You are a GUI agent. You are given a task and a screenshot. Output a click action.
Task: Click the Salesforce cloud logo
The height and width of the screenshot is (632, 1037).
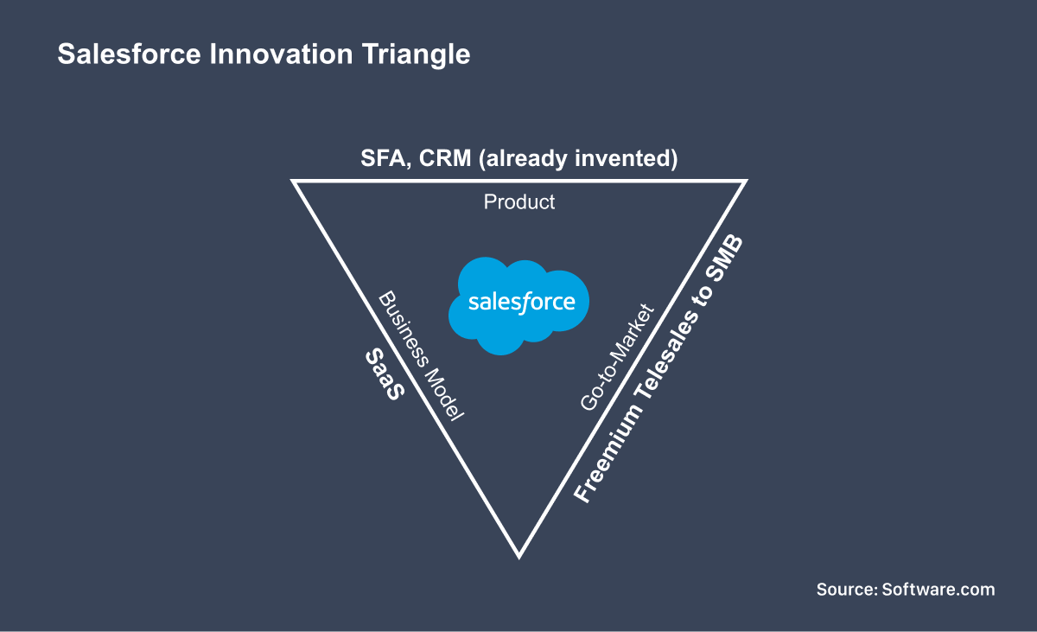pyautogui.click(x=519, y=304)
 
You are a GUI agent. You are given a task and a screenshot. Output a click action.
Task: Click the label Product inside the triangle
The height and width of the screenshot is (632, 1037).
pyautogui.click(x=518, y=202)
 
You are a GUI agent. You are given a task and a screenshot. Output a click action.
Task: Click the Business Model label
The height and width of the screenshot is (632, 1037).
pyautogui.click(x=422, y=355)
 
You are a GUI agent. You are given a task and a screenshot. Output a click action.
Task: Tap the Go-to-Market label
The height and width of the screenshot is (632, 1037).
pyautogui.click(x=618, y=356)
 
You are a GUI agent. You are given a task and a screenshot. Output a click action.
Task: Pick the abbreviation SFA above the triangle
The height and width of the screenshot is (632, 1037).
pyautogui.click(x=381, y=159)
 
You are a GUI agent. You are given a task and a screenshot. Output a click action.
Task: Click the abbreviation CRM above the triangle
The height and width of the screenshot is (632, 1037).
pyautogui.click(x=445, y=159)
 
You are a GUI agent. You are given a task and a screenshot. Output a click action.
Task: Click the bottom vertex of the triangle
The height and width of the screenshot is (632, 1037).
pyautogui.click(x=518, y=554)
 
